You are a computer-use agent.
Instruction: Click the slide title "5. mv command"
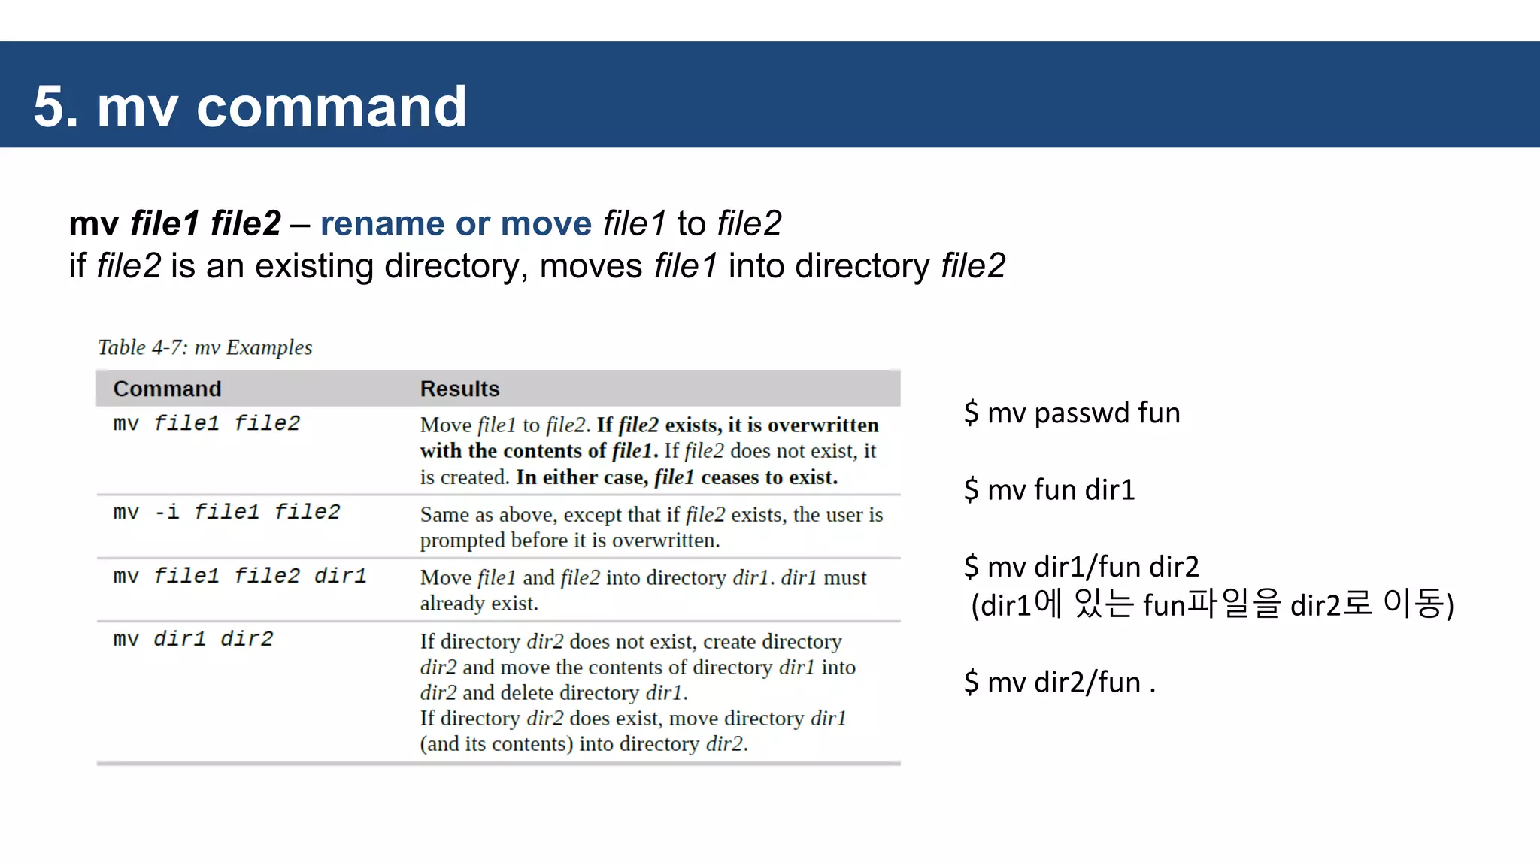(250, 107)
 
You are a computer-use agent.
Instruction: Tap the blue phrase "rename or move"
(456, 223)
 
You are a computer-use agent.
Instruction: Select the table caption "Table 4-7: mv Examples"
(205, 347)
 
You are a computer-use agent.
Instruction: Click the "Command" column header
(167, 389)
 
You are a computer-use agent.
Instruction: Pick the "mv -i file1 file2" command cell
(226, 512)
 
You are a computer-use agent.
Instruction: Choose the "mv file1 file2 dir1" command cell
(239, 576)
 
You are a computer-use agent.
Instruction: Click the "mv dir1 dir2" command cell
(193, 639)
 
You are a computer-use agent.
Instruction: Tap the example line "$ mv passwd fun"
(1072, 413)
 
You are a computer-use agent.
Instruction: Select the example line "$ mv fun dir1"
(1049, 489)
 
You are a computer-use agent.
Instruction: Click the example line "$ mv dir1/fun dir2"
(1081, 566)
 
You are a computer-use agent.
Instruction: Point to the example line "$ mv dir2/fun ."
(1060, 682)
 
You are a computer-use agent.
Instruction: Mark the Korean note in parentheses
(1212, 604)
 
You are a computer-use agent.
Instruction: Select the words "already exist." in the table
(479, 604)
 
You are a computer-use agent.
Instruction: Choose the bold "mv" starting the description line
(93, 224)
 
